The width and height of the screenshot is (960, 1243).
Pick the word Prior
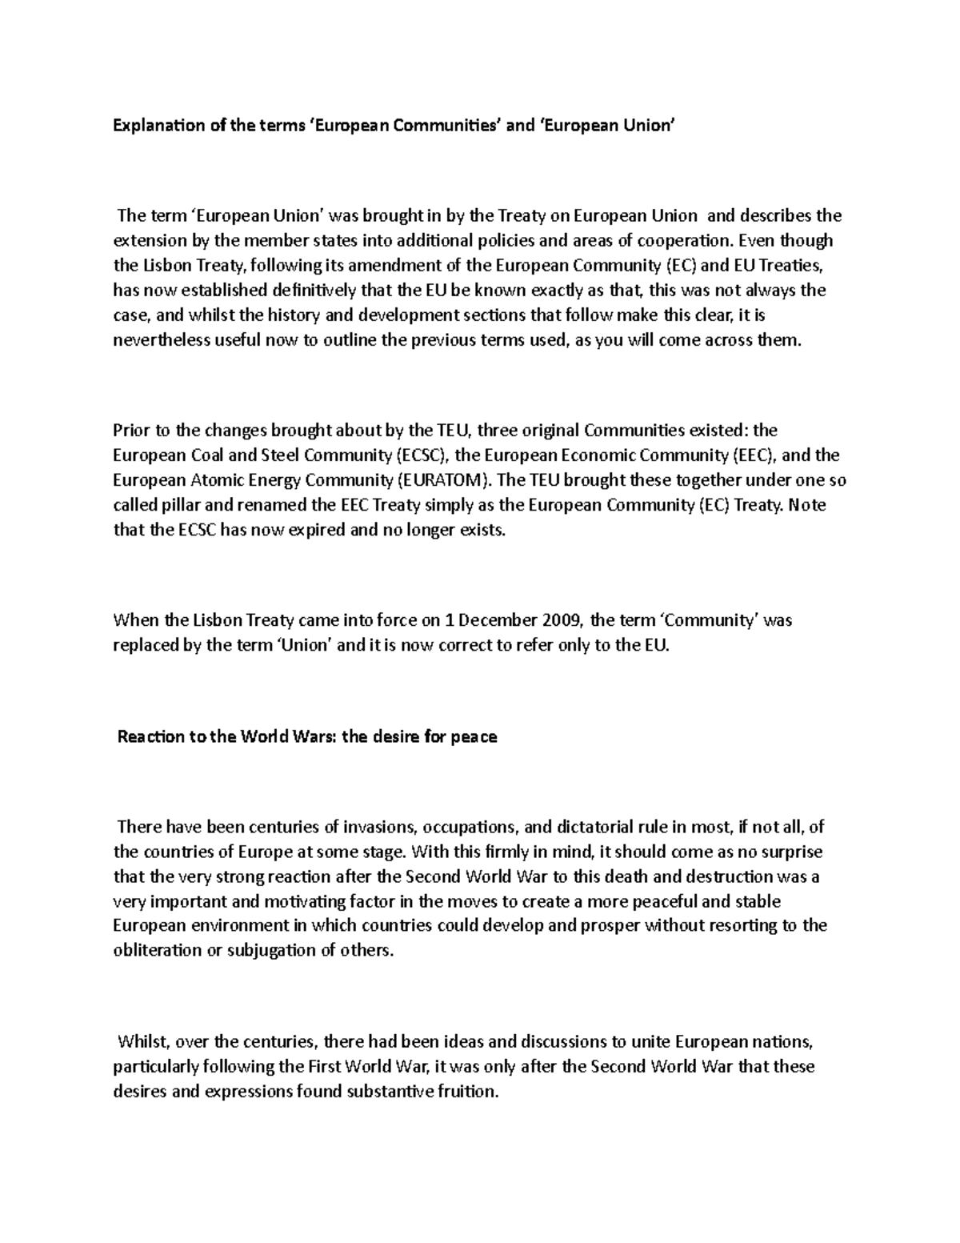[x=131, y=430]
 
